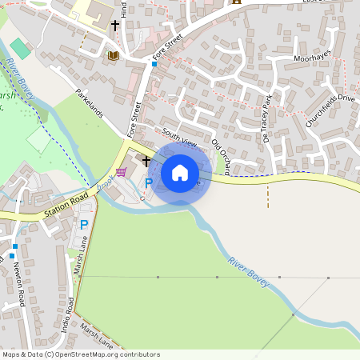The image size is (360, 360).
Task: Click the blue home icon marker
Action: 180,172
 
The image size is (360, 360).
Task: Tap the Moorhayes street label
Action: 313,58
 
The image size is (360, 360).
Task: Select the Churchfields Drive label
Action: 330,110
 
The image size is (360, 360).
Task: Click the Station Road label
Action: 66,207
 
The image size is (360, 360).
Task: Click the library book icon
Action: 113,55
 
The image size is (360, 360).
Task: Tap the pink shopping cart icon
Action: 121,172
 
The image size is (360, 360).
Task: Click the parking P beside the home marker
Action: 147,184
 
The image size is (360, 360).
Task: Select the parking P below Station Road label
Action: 83,226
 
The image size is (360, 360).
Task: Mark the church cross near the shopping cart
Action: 146,161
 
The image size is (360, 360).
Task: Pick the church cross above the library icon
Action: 114,26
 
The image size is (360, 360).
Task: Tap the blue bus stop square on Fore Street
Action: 154,64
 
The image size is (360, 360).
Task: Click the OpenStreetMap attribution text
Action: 80,354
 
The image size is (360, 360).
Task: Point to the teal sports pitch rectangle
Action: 21,48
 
